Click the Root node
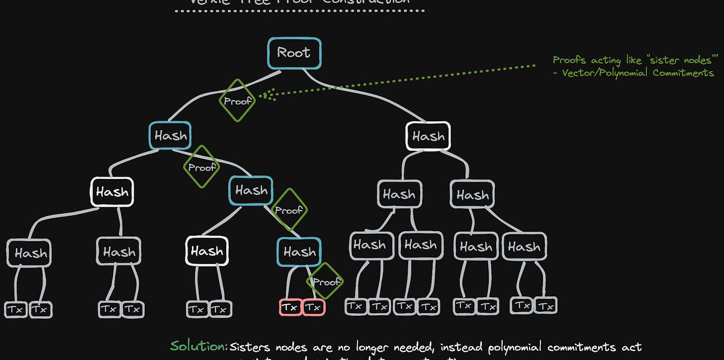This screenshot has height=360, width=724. (294, 53)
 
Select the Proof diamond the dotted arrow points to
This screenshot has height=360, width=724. (237, 100)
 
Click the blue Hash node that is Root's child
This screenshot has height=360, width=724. (171, 135)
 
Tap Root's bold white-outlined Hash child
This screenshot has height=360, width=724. (428, 136)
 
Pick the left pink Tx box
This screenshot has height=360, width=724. (290, 308)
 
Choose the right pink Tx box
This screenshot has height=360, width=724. (313, 308)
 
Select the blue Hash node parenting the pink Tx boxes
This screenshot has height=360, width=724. (299, 252)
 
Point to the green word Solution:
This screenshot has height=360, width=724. (199, 346)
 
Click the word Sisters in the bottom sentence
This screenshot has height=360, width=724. (251, 347)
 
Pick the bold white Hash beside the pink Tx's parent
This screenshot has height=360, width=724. (207, 251)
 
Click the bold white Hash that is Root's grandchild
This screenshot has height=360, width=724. (112, 192)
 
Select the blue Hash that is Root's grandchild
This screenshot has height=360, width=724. (251, 190)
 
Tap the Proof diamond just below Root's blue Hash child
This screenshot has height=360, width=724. (201, 167)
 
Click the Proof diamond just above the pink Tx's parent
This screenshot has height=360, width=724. (288, 210)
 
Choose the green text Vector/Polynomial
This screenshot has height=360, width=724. (605, 73)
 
